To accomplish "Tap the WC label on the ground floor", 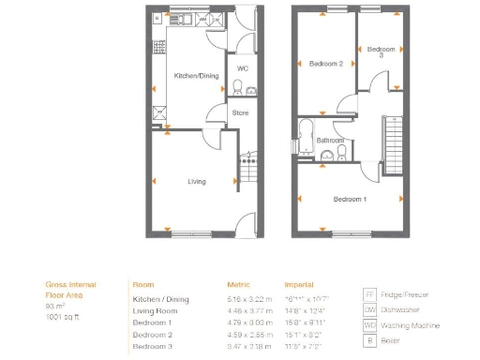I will [x=241, y=68].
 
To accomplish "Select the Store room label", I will [x=240, y=112].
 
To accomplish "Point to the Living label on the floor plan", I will [x=197, y=181].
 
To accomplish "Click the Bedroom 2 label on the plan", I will [x=325, y=64].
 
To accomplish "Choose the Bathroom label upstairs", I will [x=328, y=141].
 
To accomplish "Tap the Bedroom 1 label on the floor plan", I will [x=350, y=199].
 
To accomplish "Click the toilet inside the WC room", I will [x=238, y=88].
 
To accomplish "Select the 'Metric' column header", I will [x=238, y=283].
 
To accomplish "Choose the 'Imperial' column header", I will [x=299, y=283].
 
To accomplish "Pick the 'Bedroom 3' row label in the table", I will [x=152, y=347].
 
